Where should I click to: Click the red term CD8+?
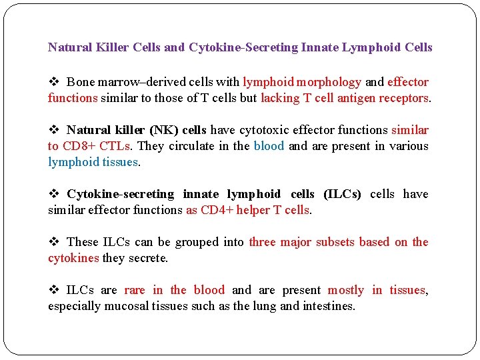(79, 146)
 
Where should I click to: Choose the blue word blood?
(269, 146)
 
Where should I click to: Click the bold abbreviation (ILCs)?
(342, 194)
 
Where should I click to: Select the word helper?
(249, 210)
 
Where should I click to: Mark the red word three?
(262, 242)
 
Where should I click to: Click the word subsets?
(335, 242)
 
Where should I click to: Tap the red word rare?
(134, 290)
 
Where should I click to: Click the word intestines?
(330, 306)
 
